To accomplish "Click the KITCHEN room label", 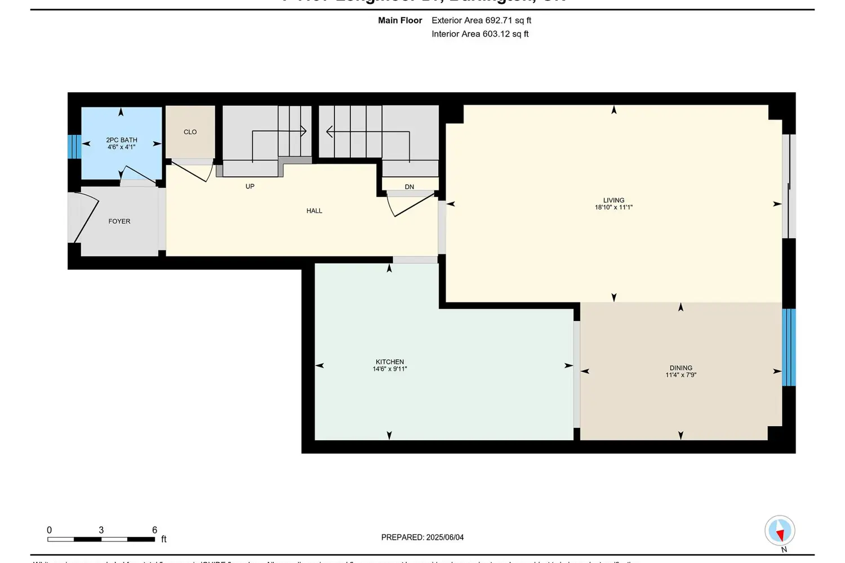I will point(390,362).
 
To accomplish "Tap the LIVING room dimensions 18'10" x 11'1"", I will point(613,207).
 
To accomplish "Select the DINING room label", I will point(681,368).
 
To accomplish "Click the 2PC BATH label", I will point(122,140).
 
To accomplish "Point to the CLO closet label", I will point(190,132).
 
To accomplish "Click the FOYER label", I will point(119,221).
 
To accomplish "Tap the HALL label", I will point(314,211).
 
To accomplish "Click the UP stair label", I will point(250,186).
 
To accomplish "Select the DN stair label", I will point(410,187).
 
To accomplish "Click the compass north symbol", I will point(780,530).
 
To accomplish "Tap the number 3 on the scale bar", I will point(101,530).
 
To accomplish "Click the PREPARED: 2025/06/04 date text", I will point(422,537).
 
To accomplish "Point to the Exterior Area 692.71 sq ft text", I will point(482,20).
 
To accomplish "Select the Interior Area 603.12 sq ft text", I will point(480,34).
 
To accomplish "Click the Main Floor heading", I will point(400,20).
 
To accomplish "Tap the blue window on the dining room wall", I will point(789,347).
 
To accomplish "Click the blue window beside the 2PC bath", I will point(74,146).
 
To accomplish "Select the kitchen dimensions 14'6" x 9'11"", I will point(390,369).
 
